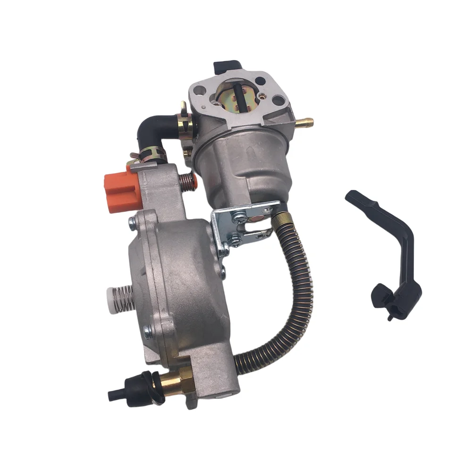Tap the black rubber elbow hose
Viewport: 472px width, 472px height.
tap(151, 126)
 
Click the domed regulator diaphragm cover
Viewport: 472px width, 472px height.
tap(184, 283)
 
